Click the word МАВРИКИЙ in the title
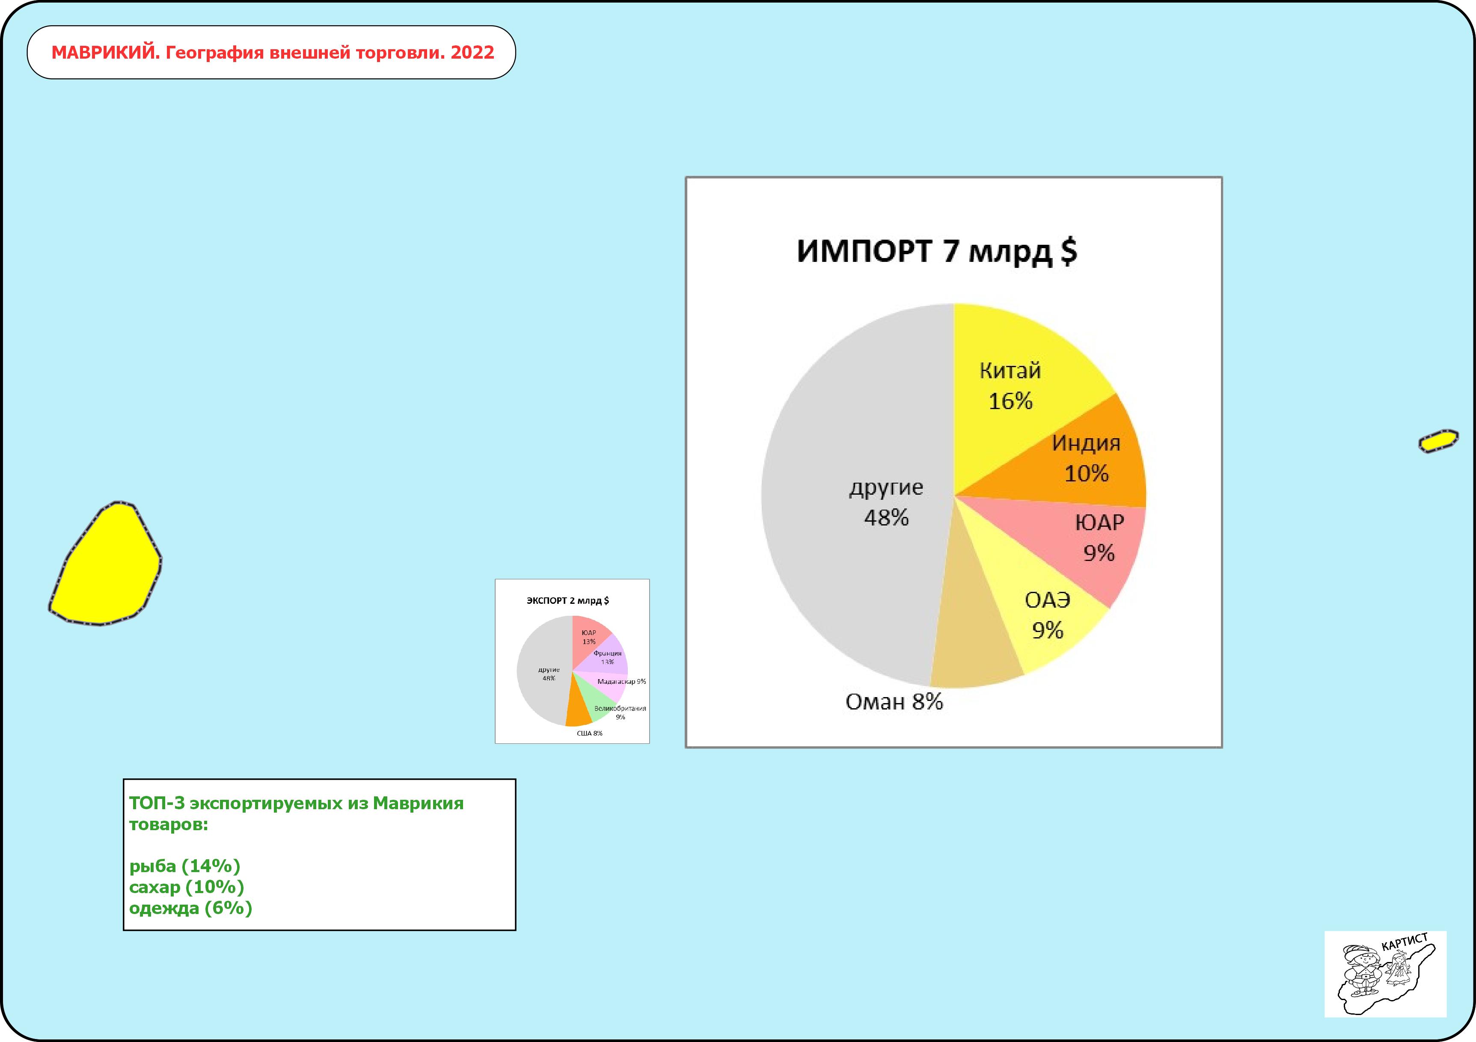click(105, 53)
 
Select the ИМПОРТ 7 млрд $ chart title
click(937, 251)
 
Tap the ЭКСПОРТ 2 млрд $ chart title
click(567, 600)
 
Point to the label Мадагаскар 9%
click(622, 681)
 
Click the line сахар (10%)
click(187, 887)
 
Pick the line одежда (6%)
click(190, 908)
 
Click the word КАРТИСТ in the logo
click(1405, 943)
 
